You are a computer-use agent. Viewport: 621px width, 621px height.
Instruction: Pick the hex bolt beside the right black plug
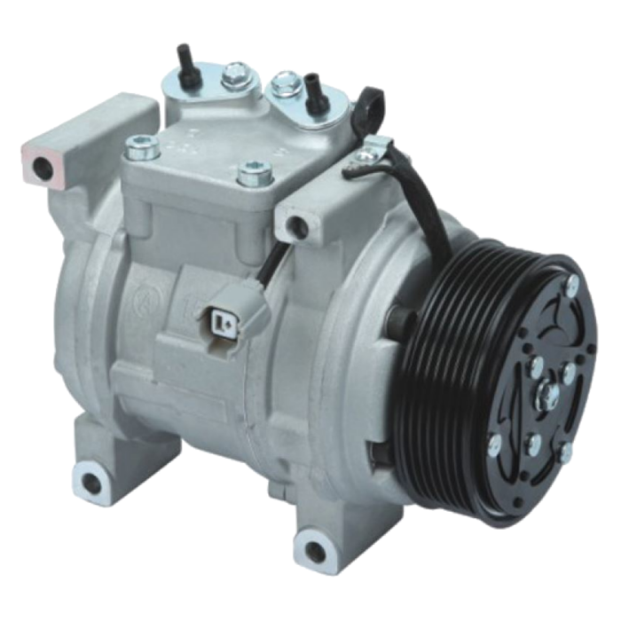[283, 83]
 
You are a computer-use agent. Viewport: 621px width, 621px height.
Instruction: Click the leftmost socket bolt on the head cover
[140, 143]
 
